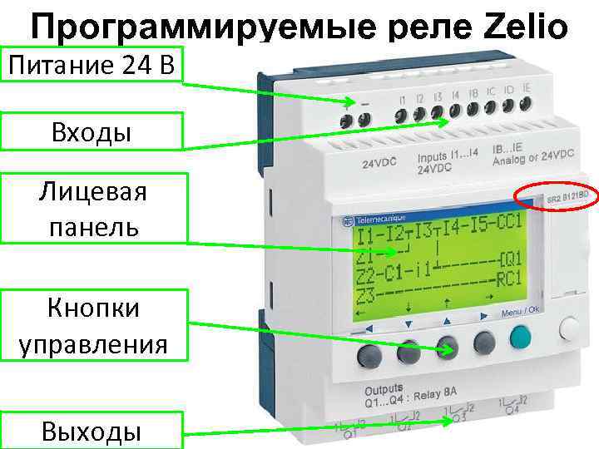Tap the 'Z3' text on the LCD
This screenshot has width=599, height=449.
click(367, 296)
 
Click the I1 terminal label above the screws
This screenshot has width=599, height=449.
click(403, 101)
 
